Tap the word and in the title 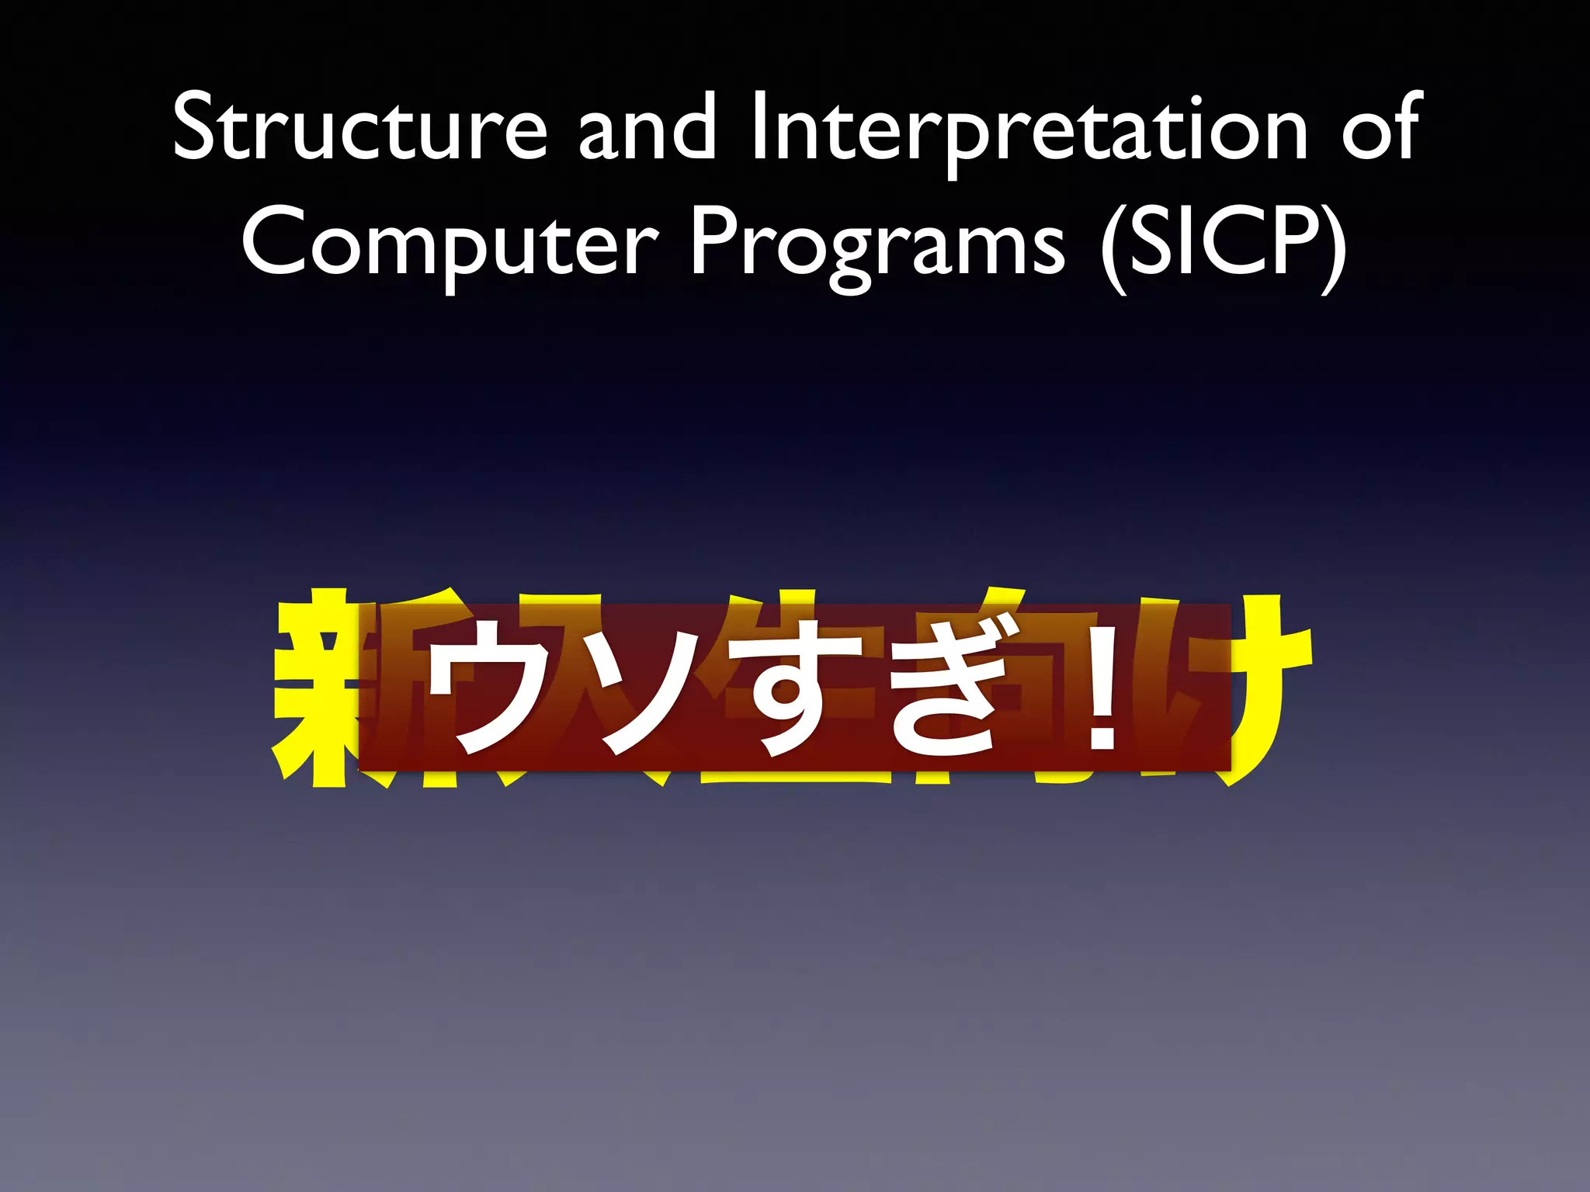coord(647,128)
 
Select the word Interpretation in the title coord(1029,128)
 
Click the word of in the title coord(1382,128)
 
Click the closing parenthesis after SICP coord(1334,244)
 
